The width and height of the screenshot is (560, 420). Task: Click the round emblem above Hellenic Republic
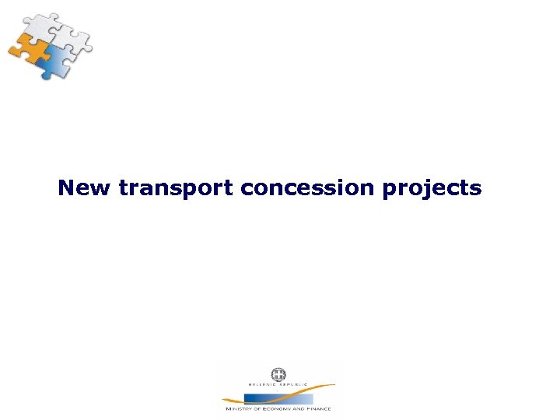[278, 374]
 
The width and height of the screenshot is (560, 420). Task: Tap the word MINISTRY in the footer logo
[237, 408]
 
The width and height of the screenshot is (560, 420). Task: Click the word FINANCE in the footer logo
[318, 408]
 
